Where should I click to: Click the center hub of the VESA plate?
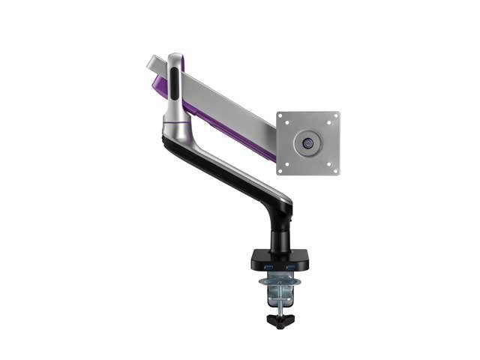(x=307, y=142)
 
